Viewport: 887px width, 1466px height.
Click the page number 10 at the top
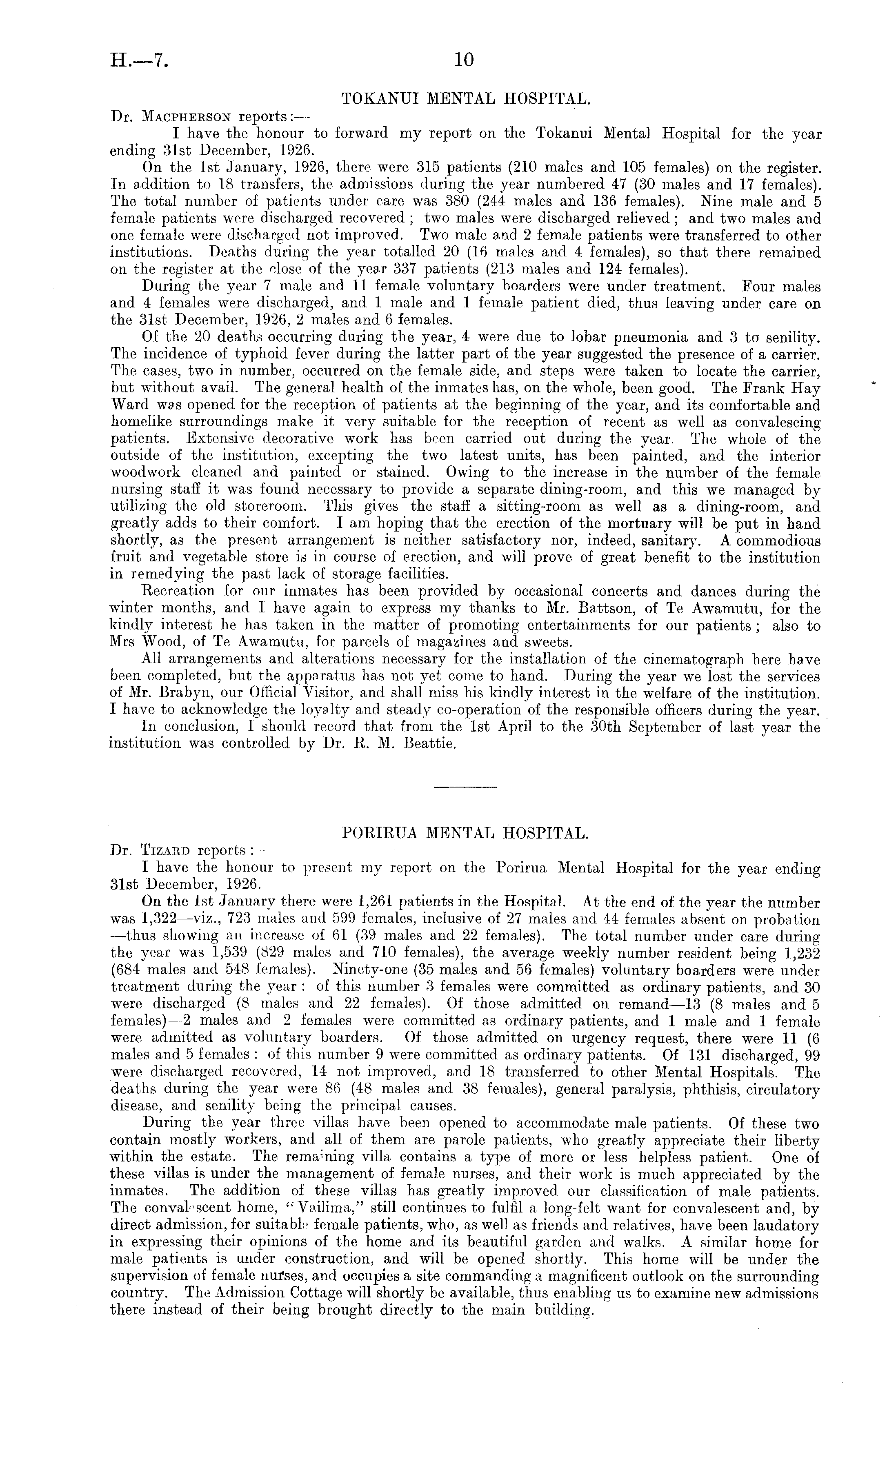click(463, 60)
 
